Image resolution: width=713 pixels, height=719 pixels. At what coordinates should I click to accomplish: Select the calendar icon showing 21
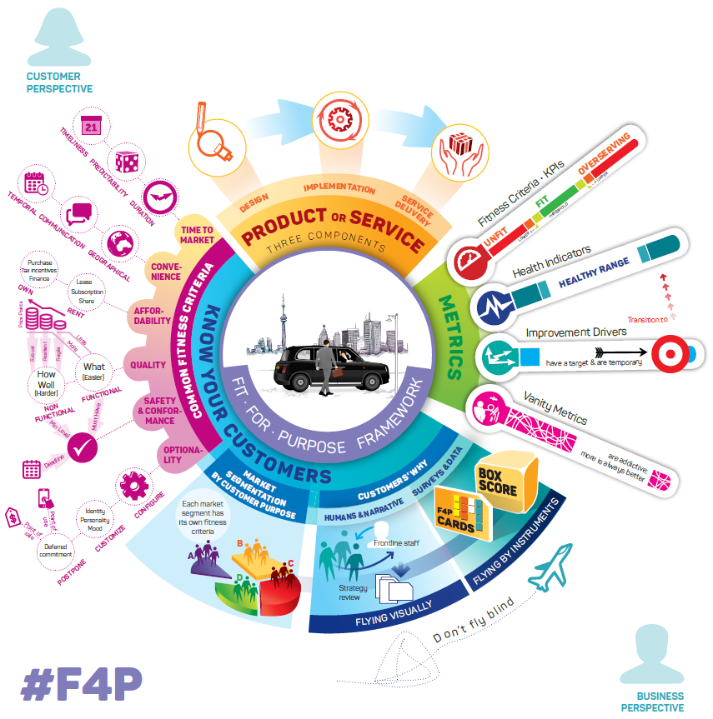93,127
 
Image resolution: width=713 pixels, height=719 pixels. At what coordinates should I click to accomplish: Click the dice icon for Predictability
126,162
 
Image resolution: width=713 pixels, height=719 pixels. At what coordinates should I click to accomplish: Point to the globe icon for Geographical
123,242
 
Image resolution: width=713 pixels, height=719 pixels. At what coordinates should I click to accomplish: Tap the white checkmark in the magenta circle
83,448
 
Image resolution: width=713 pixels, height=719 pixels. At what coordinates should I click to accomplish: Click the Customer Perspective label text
59,82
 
